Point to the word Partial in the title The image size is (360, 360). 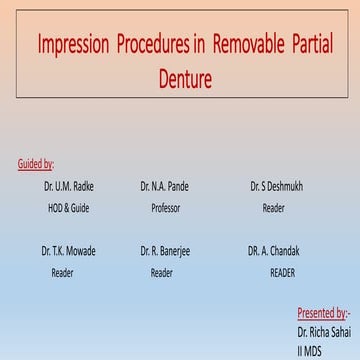318,46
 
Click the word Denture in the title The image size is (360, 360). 180,76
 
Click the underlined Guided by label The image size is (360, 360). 36,164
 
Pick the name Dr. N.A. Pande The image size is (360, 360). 164,186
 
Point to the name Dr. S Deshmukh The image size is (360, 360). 274,186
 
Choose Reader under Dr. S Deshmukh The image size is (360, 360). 273,208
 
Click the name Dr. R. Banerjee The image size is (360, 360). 166,249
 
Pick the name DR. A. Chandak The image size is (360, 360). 274,249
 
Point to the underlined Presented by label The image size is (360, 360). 322,312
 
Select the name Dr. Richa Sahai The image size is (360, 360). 323,331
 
